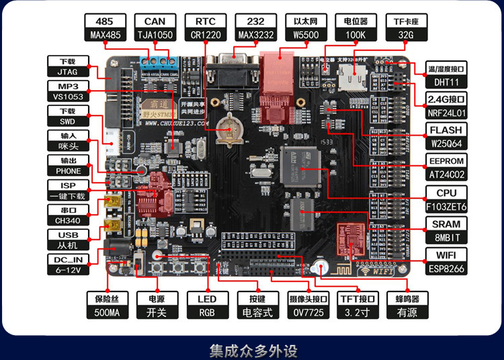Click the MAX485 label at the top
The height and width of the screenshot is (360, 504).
[x=105, y=34]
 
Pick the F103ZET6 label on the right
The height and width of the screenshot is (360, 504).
[x=446, y=206]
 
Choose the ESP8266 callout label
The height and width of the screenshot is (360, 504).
[x=446, y=269]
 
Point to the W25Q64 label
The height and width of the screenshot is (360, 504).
[x=446, y=143]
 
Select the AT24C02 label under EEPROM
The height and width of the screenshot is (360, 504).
[x=446, y=175]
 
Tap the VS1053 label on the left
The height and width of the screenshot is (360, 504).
[x=67, y=96]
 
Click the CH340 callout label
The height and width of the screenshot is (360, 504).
[x=67, y=220]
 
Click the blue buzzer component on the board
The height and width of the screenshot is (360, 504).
[x=320, y=268]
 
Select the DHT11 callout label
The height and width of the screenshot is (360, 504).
[x=446, y=81]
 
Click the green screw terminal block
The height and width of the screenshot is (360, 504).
[x=153, y=63]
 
